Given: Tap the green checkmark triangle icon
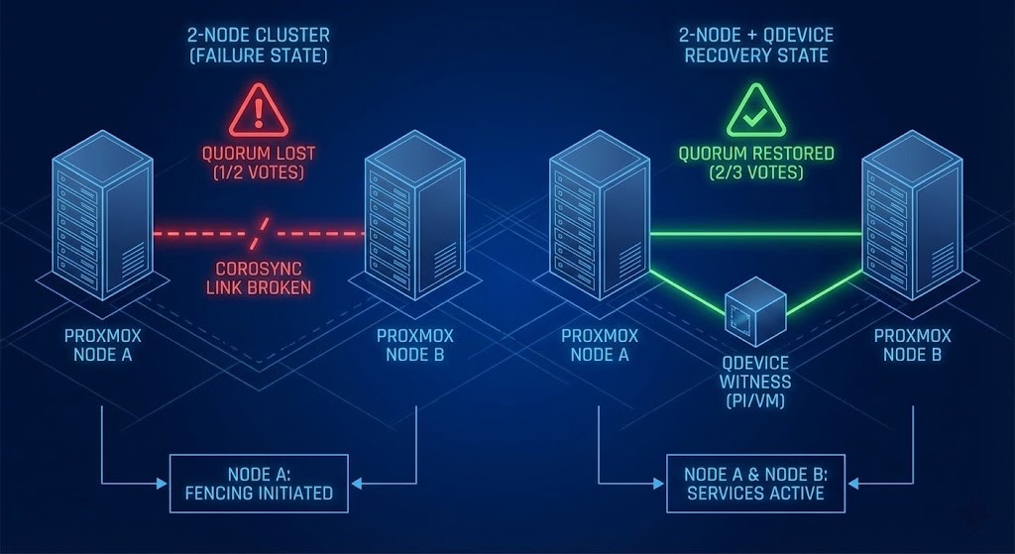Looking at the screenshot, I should (755, 111).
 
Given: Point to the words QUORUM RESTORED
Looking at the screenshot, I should (755, 154).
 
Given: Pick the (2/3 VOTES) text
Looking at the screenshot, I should (755, 173).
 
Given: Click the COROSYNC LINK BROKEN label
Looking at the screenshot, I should (258, 277).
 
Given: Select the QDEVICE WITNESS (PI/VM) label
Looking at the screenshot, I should (756, 382).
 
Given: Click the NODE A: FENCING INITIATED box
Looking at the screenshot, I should (259, 483).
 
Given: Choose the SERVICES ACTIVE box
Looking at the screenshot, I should (755, 483).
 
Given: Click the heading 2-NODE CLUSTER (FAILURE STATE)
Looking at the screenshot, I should (258, 45).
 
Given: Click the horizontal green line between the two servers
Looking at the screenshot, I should (755, 234).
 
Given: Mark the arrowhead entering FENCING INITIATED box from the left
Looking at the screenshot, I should (164, 484).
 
